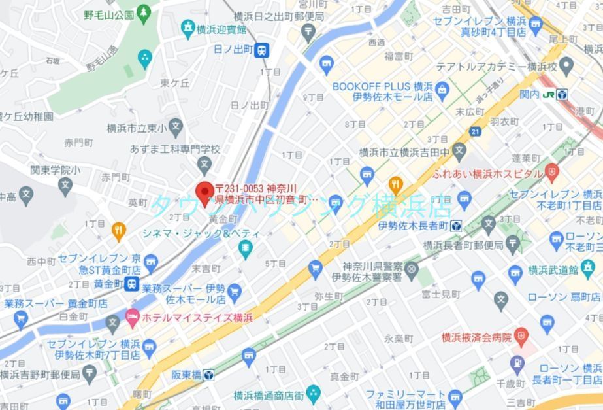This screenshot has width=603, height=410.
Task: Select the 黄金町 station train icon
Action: pyautogui.click(x=133, y=284)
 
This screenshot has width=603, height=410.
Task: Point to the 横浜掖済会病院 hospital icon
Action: pyautogui.click(x=521, y=337)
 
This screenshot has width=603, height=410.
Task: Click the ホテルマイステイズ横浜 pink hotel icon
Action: pyautogui.click(x=133, y=317)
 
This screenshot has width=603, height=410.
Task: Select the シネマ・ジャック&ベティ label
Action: pyautogui.click(x=201, y=233)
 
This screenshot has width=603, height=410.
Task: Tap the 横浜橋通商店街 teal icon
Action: pyautogui.click(x=313, y=394)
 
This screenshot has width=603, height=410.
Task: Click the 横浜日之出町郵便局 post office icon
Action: pyautogui.click(x=308, y=31)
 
